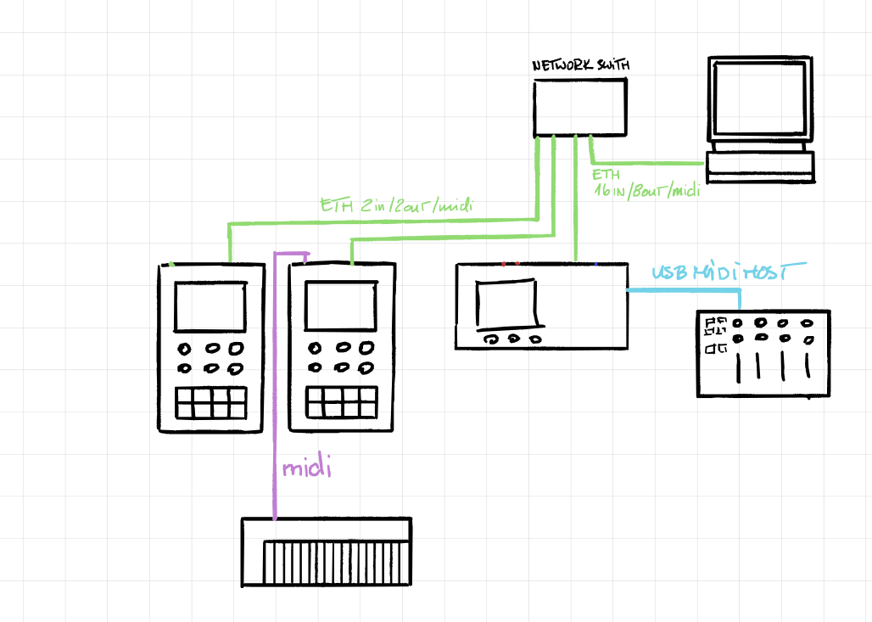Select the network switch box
tap(581, 108)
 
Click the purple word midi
tap(305, 468)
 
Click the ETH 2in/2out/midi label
tap(396, 205)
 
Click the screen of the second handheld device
tap(341, 305)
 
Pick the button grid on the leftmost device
tap(211, 402)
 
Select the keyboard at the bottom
tap(327, 552)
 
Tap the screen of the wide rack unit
tap(507, 304)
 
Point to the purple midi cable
tap(275, 382)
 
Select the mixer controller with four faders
tap(763, 353)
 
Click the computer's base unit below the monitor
tap(761, 165)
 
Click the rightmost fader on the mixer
tap(807, 362)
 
